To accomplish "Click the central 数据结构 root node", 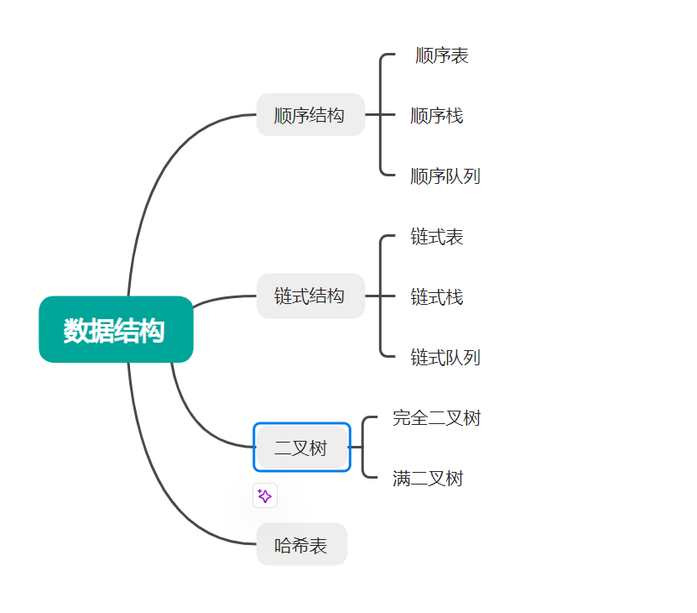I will [116, 330].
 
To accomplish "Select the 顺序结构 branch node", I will [309, 115].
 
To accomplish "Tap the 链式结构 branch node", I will [309, 296].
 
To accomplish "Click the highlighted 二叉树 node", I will [301, 448].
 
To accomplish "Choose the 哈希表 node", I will [301, 545].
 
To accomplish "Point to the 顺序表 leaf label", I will [442, 55].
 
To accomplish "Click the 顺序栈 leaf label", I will [436, 116].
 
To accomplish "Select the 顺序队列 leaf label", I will [445, 176].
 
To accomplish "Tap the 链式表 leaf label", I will [436, 237].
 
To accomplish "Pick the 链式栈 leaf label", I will [436, 297].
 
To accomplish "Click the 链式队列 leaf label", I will [445, 358].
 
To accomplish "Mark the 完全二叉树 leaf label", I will [436, 418].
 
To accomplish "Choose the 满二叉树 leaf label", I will [428, 479].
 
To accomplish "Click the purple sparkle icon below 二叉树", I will [265, 496].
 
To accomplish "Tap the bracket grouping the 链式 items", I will [381, 296].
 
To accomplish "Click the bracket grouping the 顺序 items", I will [381, 115].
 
